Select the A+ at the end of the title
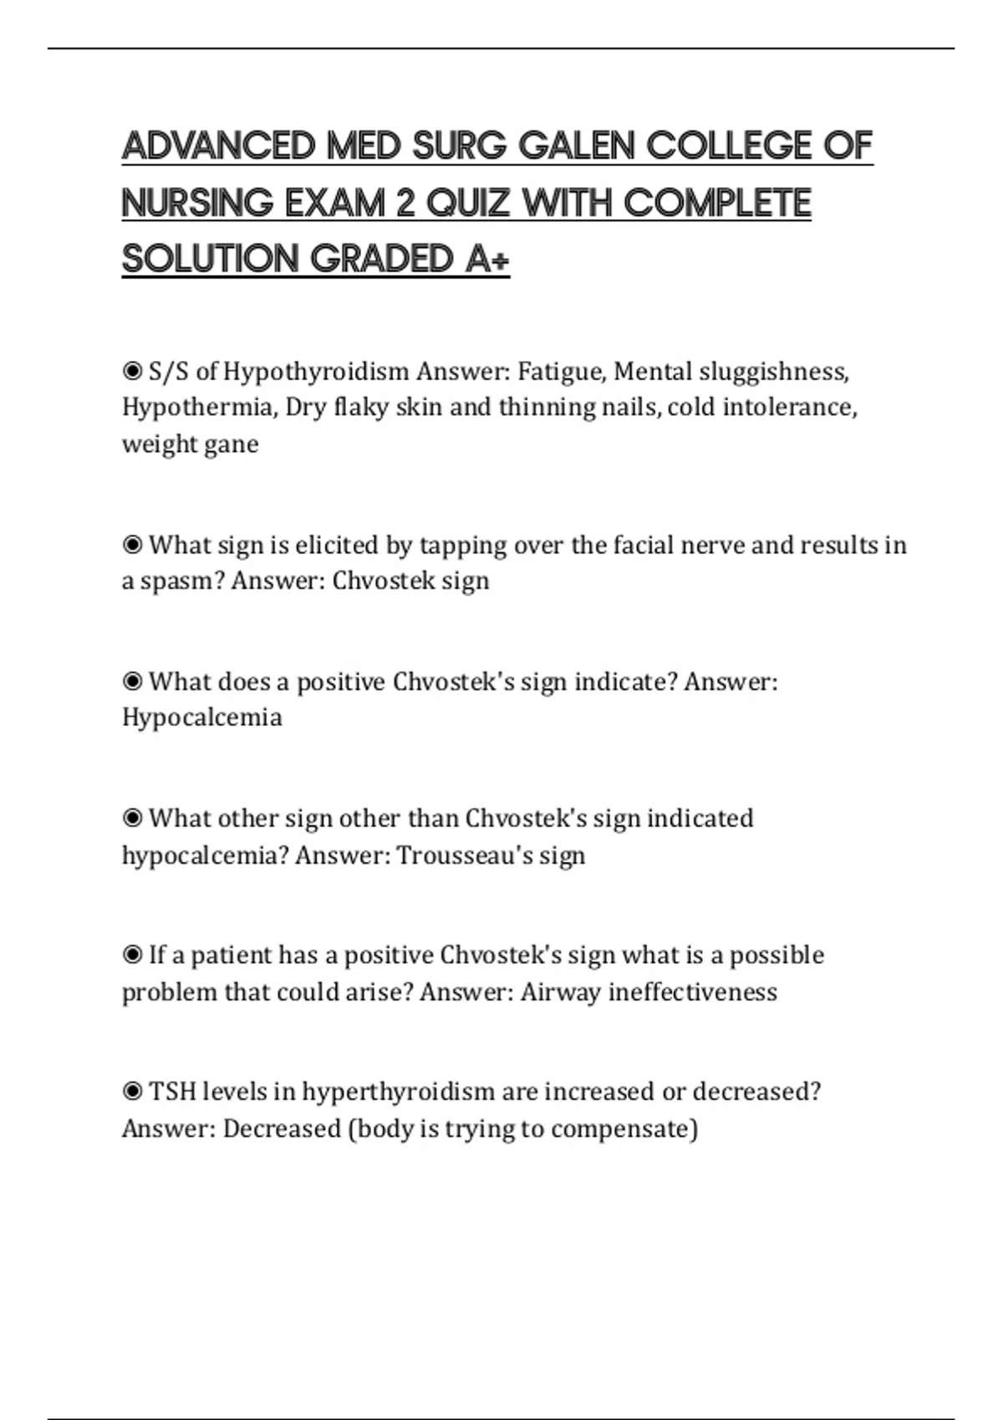tap(487, 259)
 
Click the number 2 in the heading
tap(405, 203)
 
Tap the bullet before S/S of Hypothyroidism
tap(132, 370)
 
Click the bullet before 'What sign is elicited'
tap(132, 545)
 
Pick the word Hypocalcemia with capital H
tap(201, 718)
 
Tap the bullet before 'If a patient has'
tap(132, 955)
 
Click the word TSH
tap(171, 1092)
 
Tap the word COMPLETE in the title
tap(717, 203)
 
